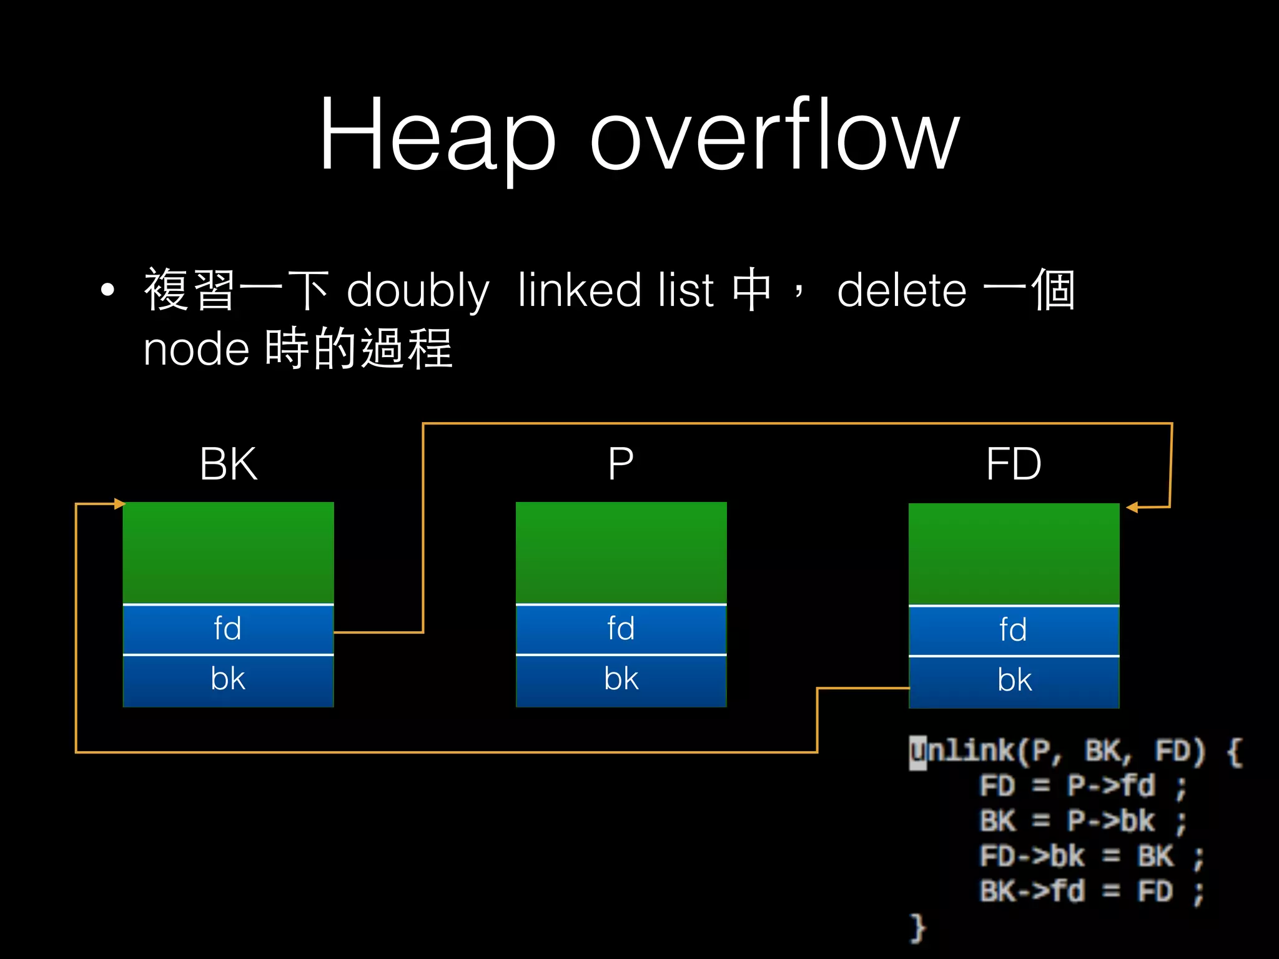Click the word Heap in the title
point(437,134)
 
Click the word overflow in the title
point(774,134)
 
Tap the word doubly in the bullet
point(417,291)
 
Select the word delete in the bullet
point(901,291)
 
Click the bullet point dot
point(108,290)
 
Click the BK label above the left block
point(228,464)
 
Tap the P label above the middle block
point(621,464)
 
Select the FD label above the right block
point(1013,464)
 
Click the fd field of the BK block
point(228,629)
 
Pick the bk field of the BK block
point(228,680)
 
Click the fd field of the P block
point(621,629)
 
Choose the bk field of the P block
point(621,680)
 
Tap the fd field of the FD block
point(1013,630)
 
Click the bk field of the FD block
point(1013,681)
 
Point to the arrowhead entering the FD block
point(1132,508)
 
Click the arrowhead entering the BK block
point(119,504)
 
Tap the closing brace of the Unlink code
point(917,927)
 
